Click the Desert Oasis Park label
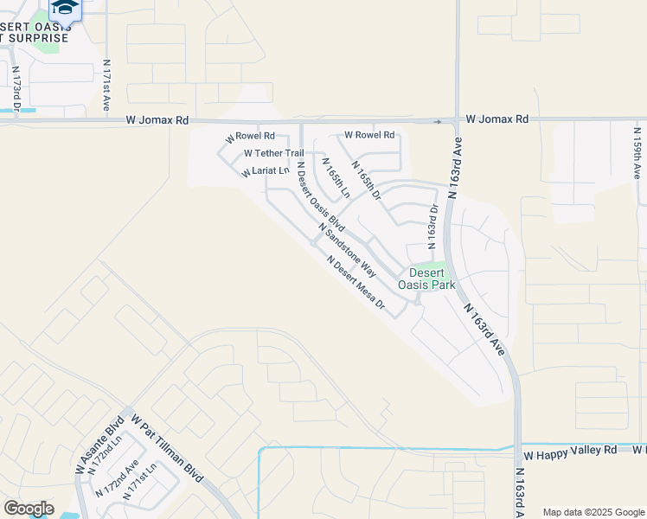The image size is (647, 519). pyautogui.click(x=426, y=278)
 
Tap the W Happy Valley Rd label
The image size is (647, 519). pyautogui.click(x=570, y=451)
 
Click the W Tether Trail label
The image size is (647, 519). pyautogui.click(x=273, y=153)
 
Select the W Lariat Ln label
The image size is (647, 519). pyautogui.click(x=265, y=172)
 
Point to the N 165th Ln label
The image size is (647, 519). pyautogui.click(x=335, y=178)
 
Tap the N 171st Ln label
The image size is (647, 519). pyautogui.click(x=141, y=484)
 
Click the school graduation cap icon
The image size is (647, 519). pyautogui.click(x=65, y=8)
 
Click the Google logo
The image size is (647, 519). pyautogui.click(x=29, y=509)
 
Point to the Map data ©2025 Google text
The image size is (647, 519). pyautogui.click(x=593, y=512)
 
